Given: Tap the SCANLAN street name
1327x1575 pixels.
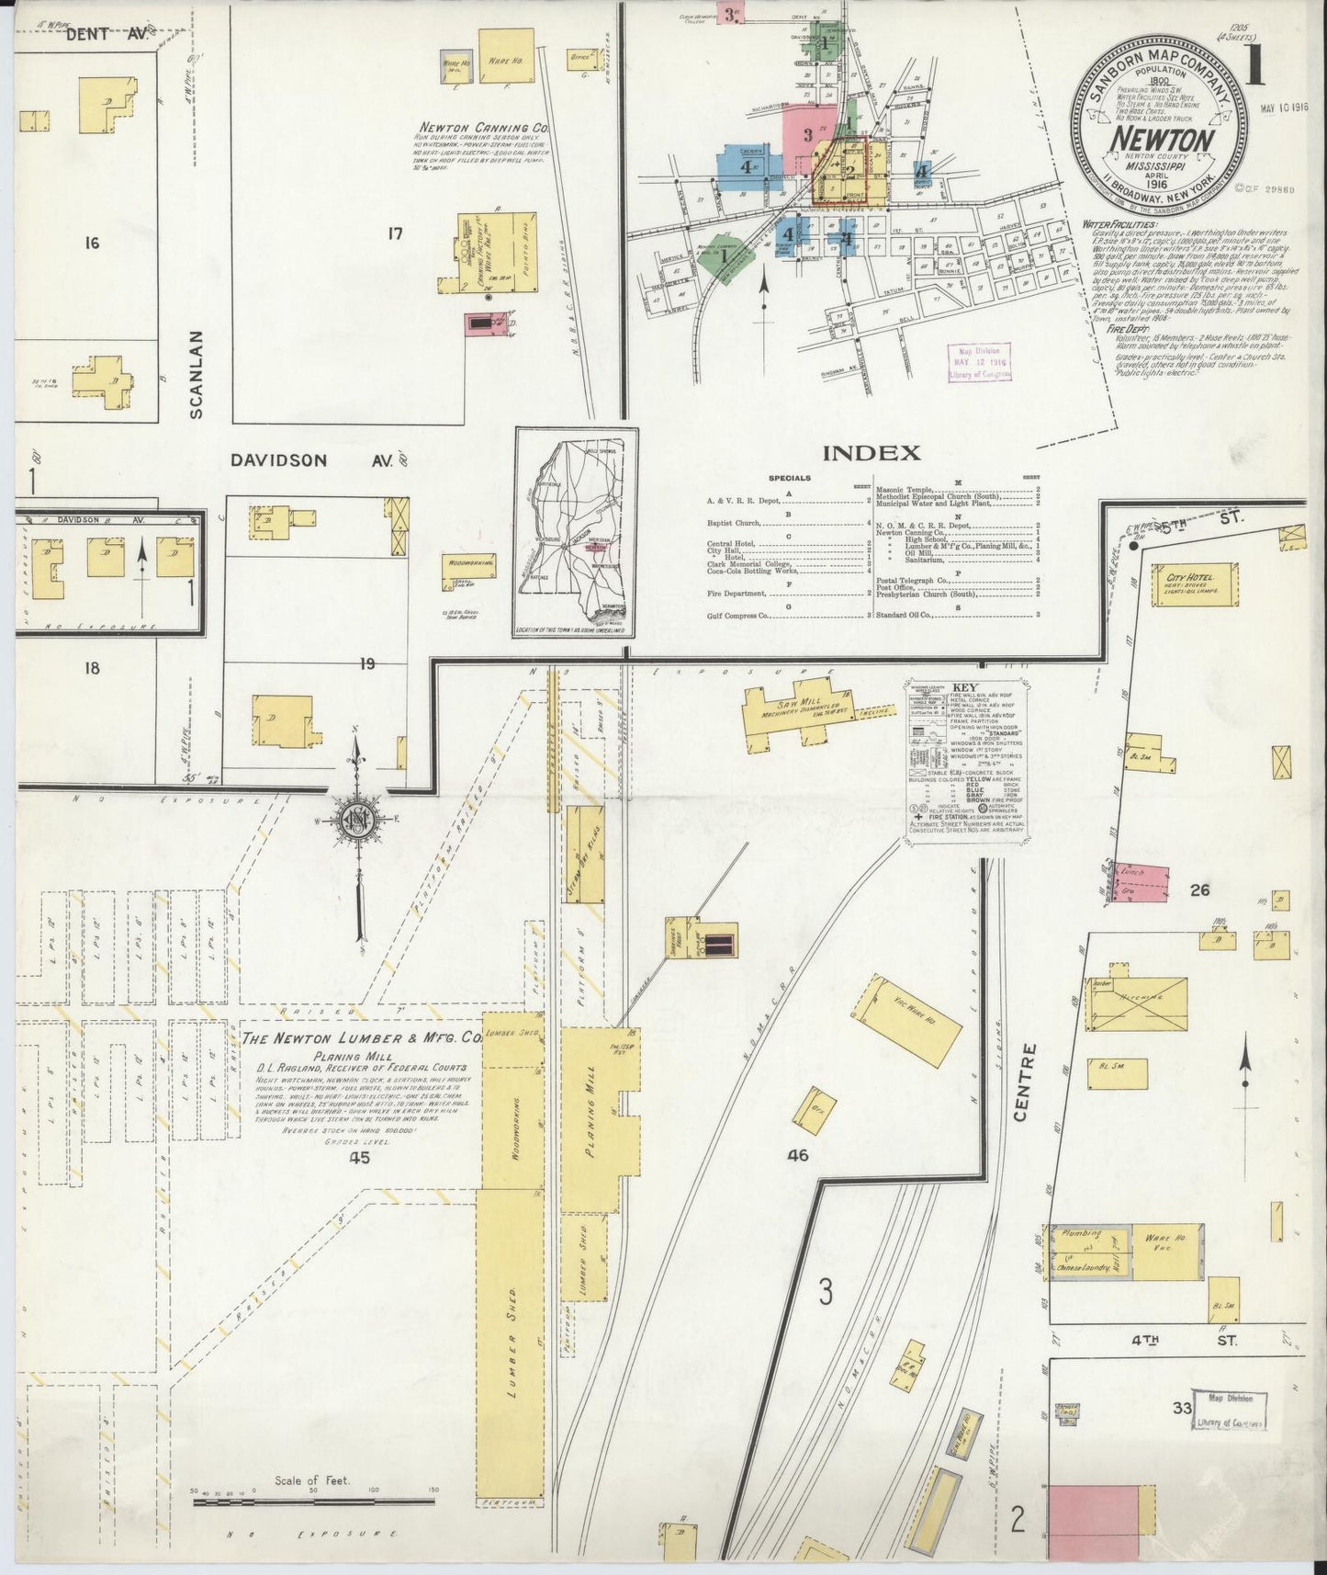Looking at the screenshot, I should [x=196, y=374].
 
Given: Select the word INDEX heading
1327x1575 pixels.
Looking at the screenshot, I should [x=871, y=452].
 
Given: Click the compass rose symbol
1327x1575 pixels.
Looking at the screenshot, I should [x=354, y=821].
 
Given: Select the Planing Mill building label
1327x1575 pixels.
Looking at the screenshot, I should [x=592, y=1115].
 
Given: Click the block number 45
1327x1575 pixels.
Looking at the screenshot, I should [x=358, y=1158].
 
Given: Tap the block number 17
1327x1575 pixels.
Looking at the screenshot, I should [x=395, y=233].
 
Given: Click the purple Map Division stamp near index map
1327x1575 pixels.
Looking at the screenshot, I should [x=979, y=363].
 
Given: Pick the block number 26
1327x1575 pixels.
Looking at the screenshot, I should [x=1198, y=889].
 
